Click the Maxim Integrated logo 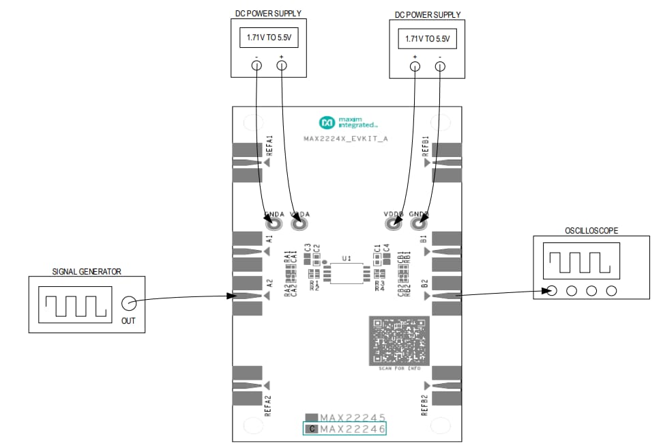point(347,123)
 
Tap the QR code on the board point(399,340)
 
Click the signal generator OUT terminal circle point(128,303)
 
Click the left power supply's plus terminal point(281,66)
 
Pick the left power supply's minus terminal point(256,66)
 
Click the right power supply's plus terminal point(415,66)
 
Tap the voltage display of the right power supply point(427,39)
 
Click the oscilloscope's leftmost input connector point(552,291)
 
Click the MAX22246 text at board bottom point(352,429)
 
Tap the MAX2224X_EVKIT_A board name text point(346,139)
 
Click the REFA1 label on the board point(270,145)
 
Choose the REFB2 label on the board point(424,405)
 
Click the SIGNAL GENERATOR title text point(87,271)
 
